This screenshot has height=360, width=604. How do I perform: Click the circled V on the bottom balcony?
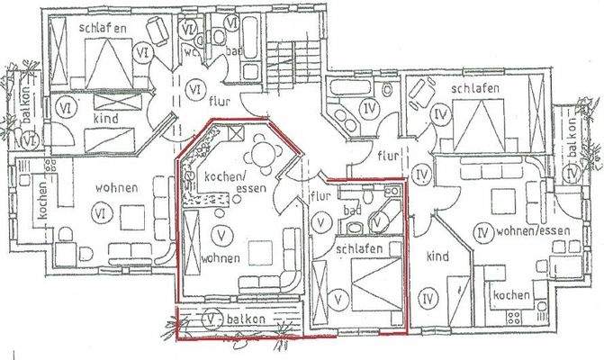pyautogui.click(x=210, y=319)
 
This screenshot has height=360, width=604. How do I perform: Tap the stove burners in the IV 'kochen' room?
pyautogui.click(x=516, y=317)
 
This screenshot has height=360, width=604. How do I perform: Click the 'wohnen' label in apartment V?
pyautogui.click(x=221, y=257)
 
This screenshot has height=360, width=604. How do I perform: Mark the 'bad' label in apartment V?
pyautogui.click(x=352, y=212)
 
